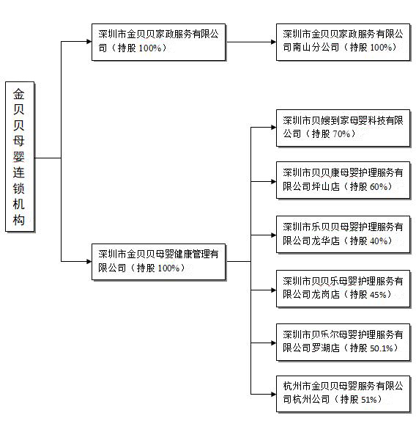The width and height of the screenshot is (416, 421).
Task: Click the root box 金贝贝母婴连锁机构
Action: click(20, 156)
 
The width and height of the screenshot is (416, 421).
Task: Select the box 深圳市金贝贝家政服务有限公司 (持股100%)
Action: click(158, 42)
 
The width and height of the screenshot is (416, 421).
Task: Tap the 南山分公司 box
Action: click(343, 42)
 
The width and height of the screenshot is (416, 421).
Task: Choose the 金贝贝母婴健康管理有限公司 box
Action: click(158, 262)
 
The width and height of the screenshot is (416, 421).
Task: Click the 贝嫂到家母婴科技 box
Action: click(343, 128)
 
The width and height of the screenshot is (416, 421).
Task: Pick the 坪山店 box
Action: click(343, 180)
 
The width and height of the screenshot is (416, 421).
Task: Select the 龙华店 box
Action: click(343, 235)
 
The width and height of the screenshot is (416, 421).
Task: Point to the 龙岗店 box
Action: click(343, 289)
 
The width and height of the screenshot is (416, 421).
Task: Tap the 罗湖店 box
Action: click(343, 342)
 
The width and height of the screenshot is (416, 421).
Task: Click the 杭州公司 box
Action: click(343, 394)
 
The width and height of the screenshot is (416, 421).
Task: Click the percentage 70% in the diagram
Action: click(341, 133)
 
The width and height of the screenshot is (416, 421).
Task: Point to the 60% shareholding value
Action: click(379, 186)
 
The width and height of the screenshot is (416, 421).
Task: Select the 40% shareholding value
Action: click(379, 241)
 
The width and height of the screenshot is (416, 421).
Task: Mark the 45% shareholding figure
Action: click(378, 295)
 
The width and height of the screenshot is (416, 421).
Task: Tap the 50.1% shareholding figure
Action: click(382, 348)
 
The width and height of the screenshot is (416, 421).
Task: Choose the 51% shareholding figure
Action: click(369, 400)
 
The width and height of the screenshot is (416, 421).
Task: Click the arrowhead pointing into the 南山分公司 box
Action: click(274, 42)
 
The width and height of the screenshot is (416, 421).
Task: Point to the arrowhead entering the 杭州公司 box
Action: click(274, 394)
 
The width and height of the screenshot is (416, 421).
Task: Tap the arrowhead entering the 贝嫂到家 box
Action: click(274, 128)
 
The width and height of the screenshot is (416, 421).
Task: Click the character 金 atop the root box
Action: click(19, 94)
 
